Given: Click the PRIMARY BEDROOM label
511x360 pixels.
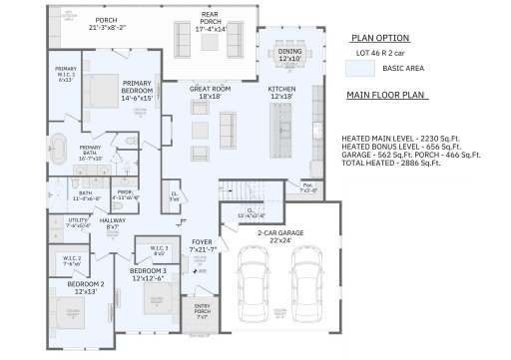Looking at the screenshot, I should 138,90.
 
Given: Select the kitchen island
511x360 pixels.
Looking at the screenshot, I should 283,120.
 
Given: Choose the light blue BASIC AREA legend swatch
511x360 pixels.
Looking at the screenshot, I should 360,68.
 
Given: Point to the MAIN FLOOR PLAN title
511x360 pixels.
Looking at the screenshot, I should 386,96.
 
